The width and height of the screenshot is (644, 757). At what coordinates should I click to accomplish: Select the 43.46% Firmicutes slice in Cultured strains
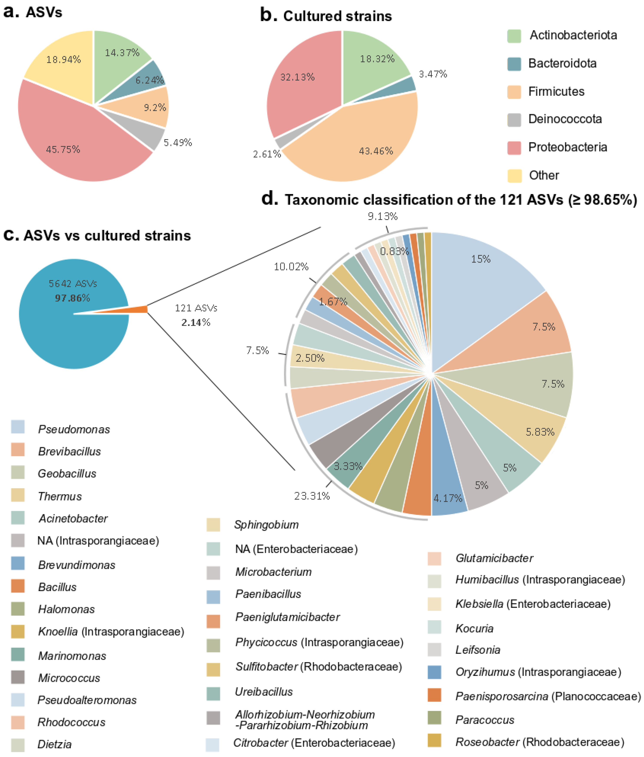[x=365, y=146]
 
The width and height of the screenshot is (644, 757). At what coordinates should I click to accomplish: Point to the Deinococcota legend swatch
[x=514, y=119]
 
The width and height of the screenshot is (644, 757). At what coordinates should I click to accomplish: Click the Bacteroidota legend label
[x=562, y=64]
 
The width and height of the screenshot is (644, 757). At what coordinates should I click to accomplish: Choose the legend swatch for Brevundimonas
[x=18, y=563]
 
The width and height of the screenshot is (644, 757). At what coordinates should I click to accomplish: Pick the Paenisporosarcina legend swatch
[x=434, y=695]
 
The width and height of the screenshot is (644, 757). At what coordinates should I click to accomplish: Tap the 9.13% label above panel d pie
[x=382, y=216]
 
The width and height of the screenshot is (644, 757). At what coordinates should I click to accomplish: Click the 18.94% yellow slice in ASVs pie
[x=62, y=60]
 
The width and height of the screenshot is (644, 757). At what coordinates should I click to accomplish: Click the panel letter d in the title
[x=269, y=199]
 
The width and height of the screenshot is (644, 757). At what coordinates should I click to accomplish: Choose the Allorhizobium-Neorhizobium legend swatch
[x=213, y=717]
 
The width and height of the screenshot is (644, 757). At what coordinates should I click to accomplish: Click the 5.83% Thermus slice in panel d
[x=537, y=433]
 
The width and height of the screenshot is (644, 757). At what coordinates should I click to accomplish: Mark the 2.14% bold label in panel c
[x=196, y=322]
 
